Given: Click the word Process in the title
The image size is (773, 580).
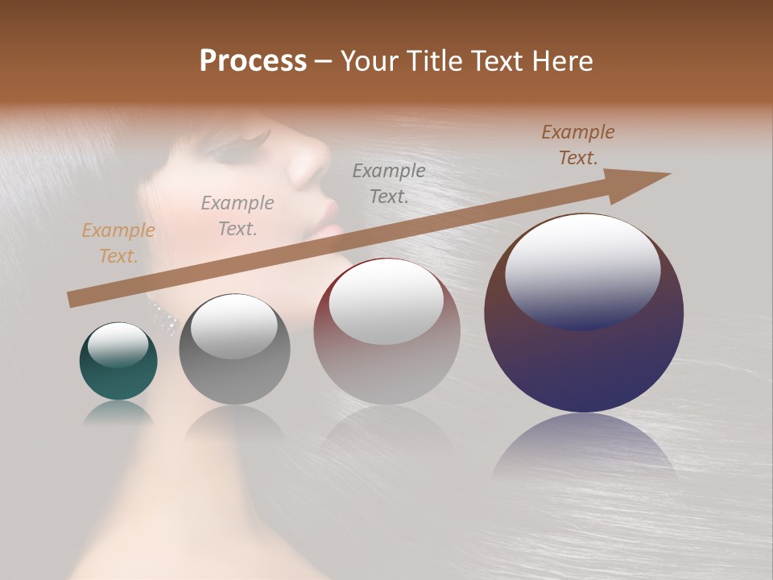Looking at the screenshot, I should point(253,61).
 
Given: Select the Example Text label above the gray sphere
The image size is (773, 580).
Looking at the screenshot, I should point(238,216).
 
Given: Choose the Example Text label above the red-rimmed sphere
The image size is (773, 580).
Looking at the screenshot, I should point(389,183).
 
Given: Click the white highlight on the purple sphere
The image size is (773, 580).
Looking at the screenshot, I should point(582,258).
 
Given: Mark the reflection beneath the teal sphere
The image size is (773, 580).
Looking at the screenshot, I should point(118,413).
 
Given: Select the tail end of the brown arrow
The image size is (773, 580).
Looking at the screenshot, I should point(72,300).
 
